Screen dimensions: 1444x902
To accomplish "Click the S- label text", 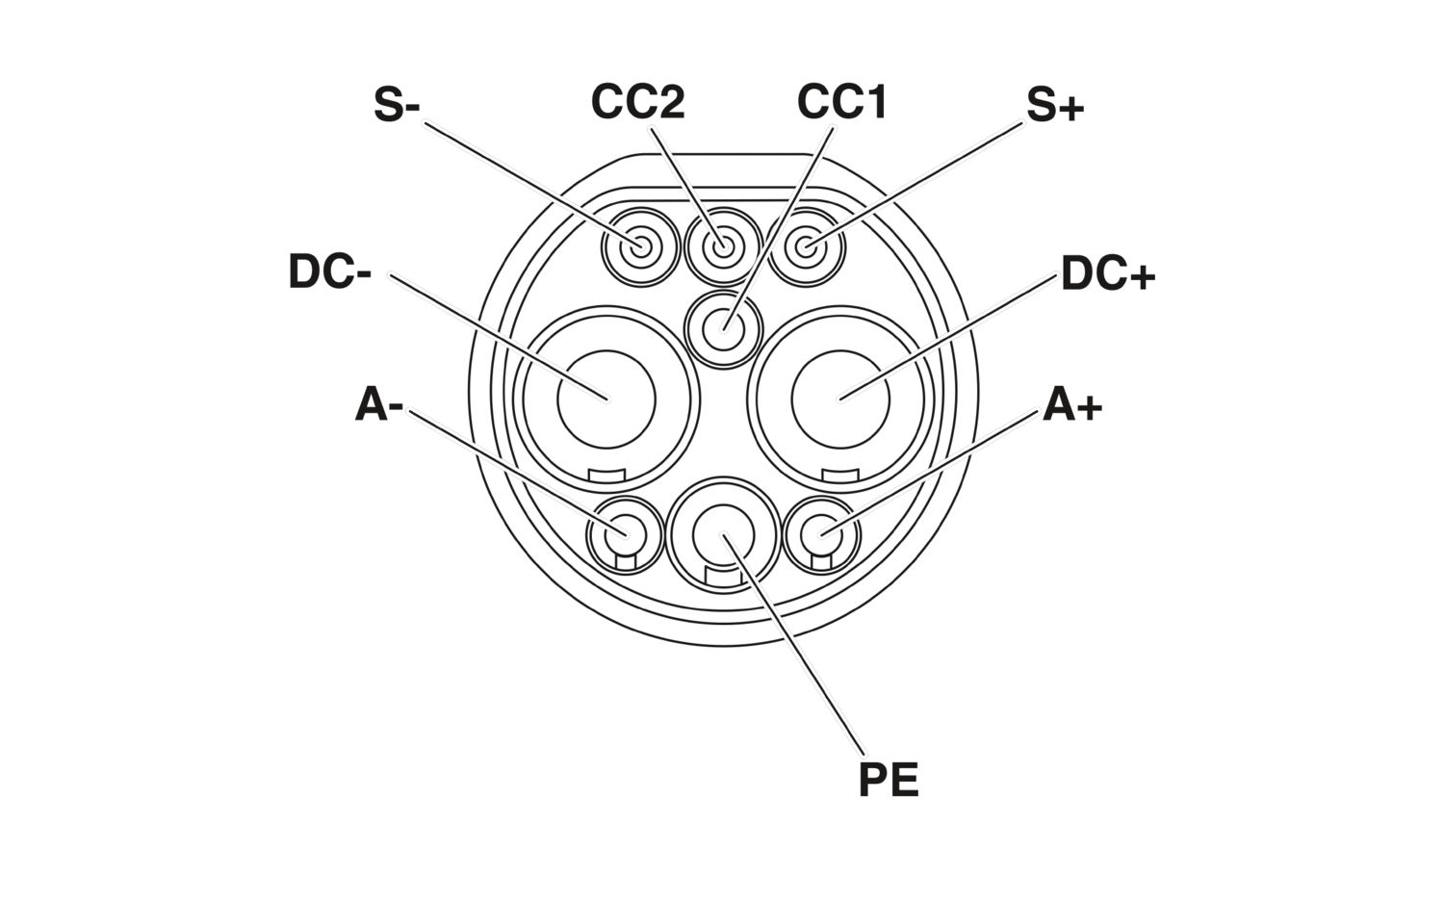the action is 397,104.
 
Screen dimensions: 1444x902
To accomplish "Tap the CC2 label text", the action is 637,102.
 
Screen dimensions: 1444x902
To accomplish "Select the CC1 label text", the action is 842,102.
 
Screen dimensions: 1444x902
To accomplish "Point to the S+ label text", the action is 1055,105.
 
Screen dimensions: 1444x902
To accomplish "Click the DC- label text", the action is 329,271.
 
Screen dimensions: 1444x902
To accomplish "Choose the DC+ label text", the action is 1108,273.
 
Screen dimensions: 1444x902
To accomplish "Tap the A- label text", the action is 379,404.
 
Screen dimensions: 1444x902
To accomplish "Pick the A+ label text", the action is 1072,404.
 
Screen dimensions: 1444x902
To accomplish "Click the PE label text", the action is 889,780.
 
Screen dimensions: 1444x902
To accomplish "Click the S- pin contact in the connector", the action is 641,246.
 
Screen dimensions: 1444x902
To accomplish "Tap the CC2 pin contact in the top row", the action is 723,246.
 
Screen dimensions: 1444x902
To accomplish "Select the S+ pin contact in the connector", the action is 807,246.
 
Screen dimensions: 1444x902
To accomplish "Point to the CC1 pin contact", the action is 723,329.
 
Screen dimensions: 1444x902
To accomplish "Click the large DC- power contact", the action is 606,399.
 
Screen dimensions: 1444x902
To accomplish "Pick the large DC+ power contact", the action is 840,399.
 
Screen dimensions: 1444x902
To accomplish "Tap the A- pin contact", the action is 626,534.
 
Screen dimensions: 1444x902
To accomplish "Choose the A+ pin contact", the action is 821,534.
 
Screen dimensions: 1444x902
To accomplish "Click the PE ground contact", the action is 723,534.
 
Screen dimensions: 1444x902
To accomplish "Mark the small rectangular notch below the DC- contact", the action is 607,476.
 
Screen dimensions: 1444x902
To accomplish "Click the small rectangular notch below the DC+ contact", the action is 841,476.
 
